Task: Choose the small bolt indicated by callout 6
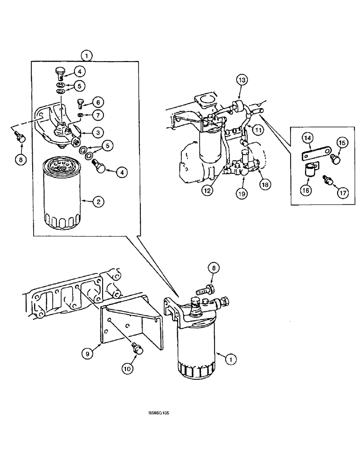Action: (80, 103)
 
